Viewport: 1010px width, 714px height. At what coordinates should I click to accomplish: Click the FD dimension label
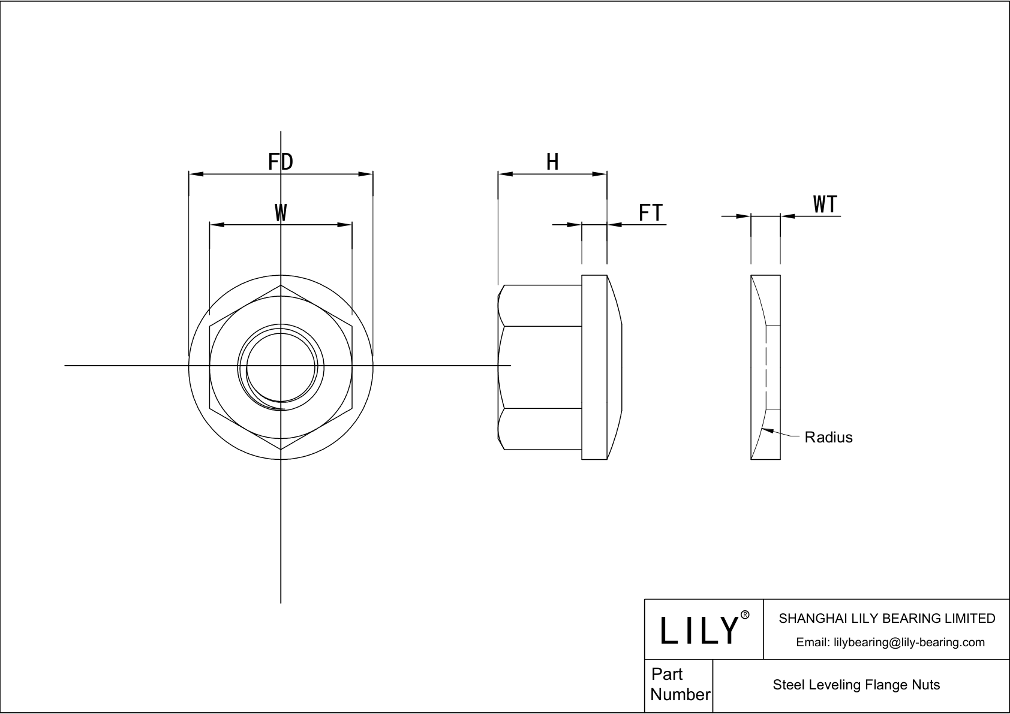(x=280, y=161)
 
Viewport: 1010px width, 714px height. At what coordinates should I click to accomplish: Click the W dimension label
(x=281, y=212)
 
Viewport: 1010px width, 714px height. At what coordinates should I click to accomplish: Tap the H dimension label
(x=552, y=161)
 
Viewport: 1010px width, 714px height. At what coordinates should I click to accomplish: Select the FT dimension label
(x=650, y=212)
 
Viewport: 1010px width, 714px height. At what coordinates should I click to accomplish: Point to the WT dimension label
(x=825, y=204)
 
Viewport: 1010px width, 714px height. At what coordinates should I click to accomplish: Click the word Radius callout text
(x=828, y=437)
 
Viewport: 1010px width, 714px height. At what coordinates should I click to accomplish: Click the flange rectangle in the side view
(x=594, y=367)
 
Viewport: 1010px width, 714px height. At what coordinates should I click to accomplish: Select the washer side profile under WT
(x=766, y=367)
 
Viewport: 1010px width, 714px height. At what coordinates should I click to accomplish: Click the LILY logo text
(x=699, y=631)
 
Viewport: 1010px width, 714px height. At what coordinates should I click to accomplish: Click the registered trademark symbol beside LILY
(x=745, y=615)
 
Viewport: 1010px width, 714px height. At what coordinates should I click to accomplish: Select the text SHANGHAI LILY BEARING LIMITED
(x=886, y=618)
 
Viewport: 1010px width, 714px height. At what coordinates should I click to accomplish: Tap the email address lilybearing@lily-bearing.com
(x=890, y=642)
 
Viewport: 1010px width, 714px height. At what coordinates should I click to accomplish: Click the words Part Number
(x=680, y=684)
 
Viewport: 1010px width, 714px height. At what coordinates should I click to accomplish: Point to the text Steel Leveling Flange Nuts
(x=856, y=685)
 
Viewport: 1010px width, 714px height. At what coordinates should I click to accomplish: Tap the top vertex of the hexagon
(x=281, y=285)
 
